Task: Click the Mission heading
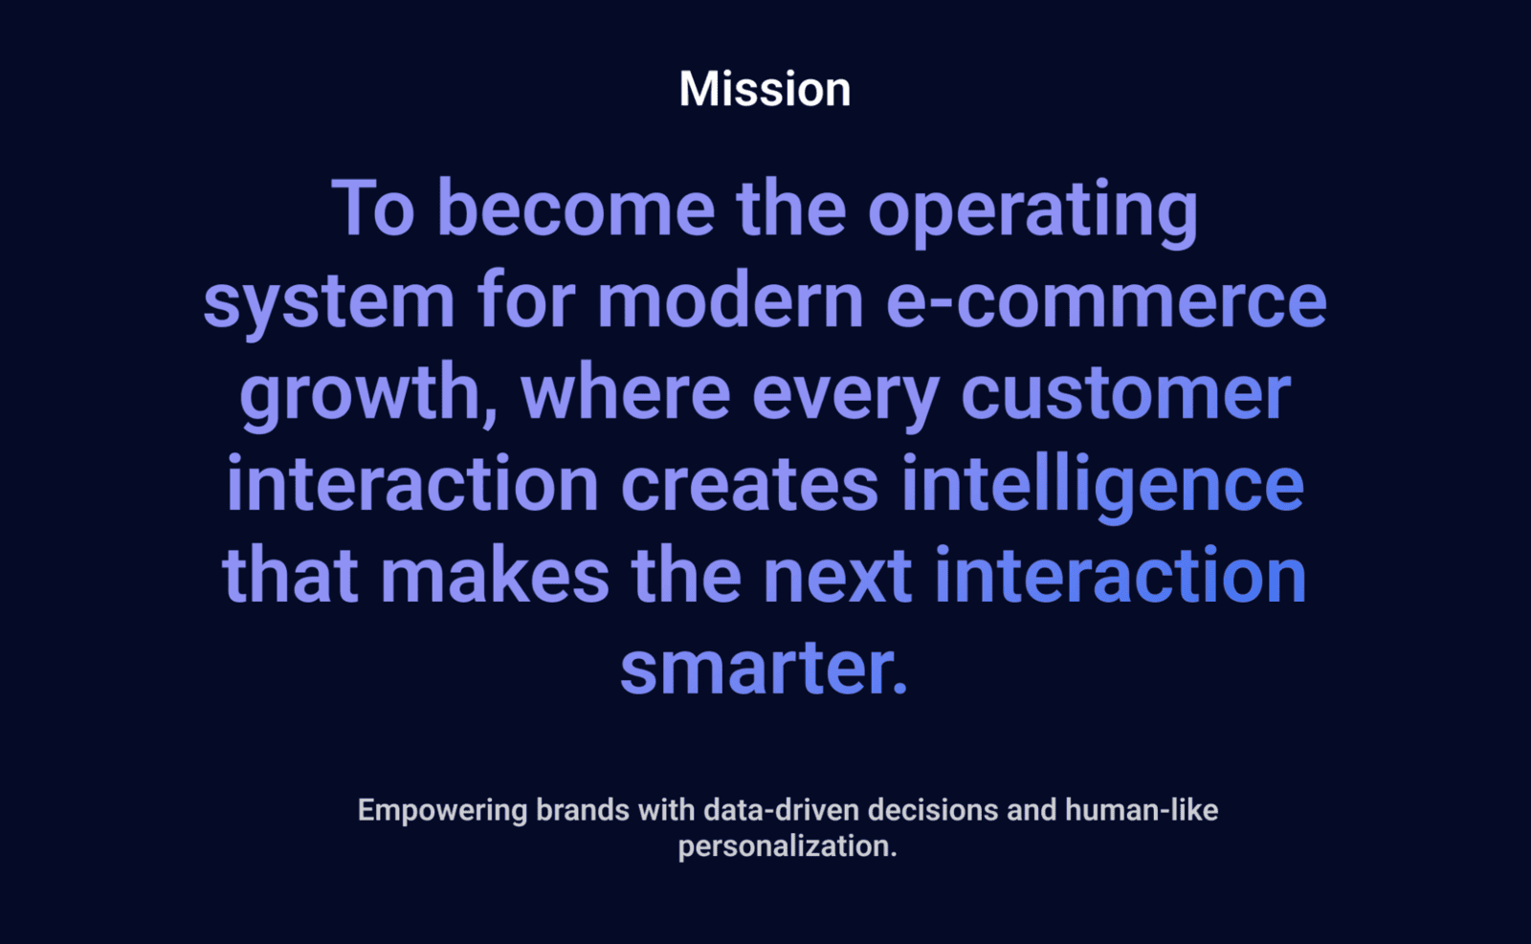click(x=765, y=89)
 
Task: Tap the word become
click(x=576, y=209)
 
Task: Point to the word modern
click(x=731, y=300)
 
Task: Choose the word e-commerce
click(x=1106, y=301)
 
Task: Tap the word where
click(x=626, y=392)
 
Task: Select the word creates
click(x=749, y=485)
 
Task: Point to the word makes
click(x=494, y=575)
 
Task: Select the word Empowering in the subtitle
click(x=442, y=811)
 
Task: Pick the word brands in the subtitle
click(x=583, y=810)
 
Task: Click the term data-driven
click(x=781, y=810)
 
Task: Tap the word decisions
click(x=933, y=810)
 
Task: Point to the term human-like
click(x=1142, y=810)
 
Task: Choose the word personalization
click(x=788, y=847)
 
